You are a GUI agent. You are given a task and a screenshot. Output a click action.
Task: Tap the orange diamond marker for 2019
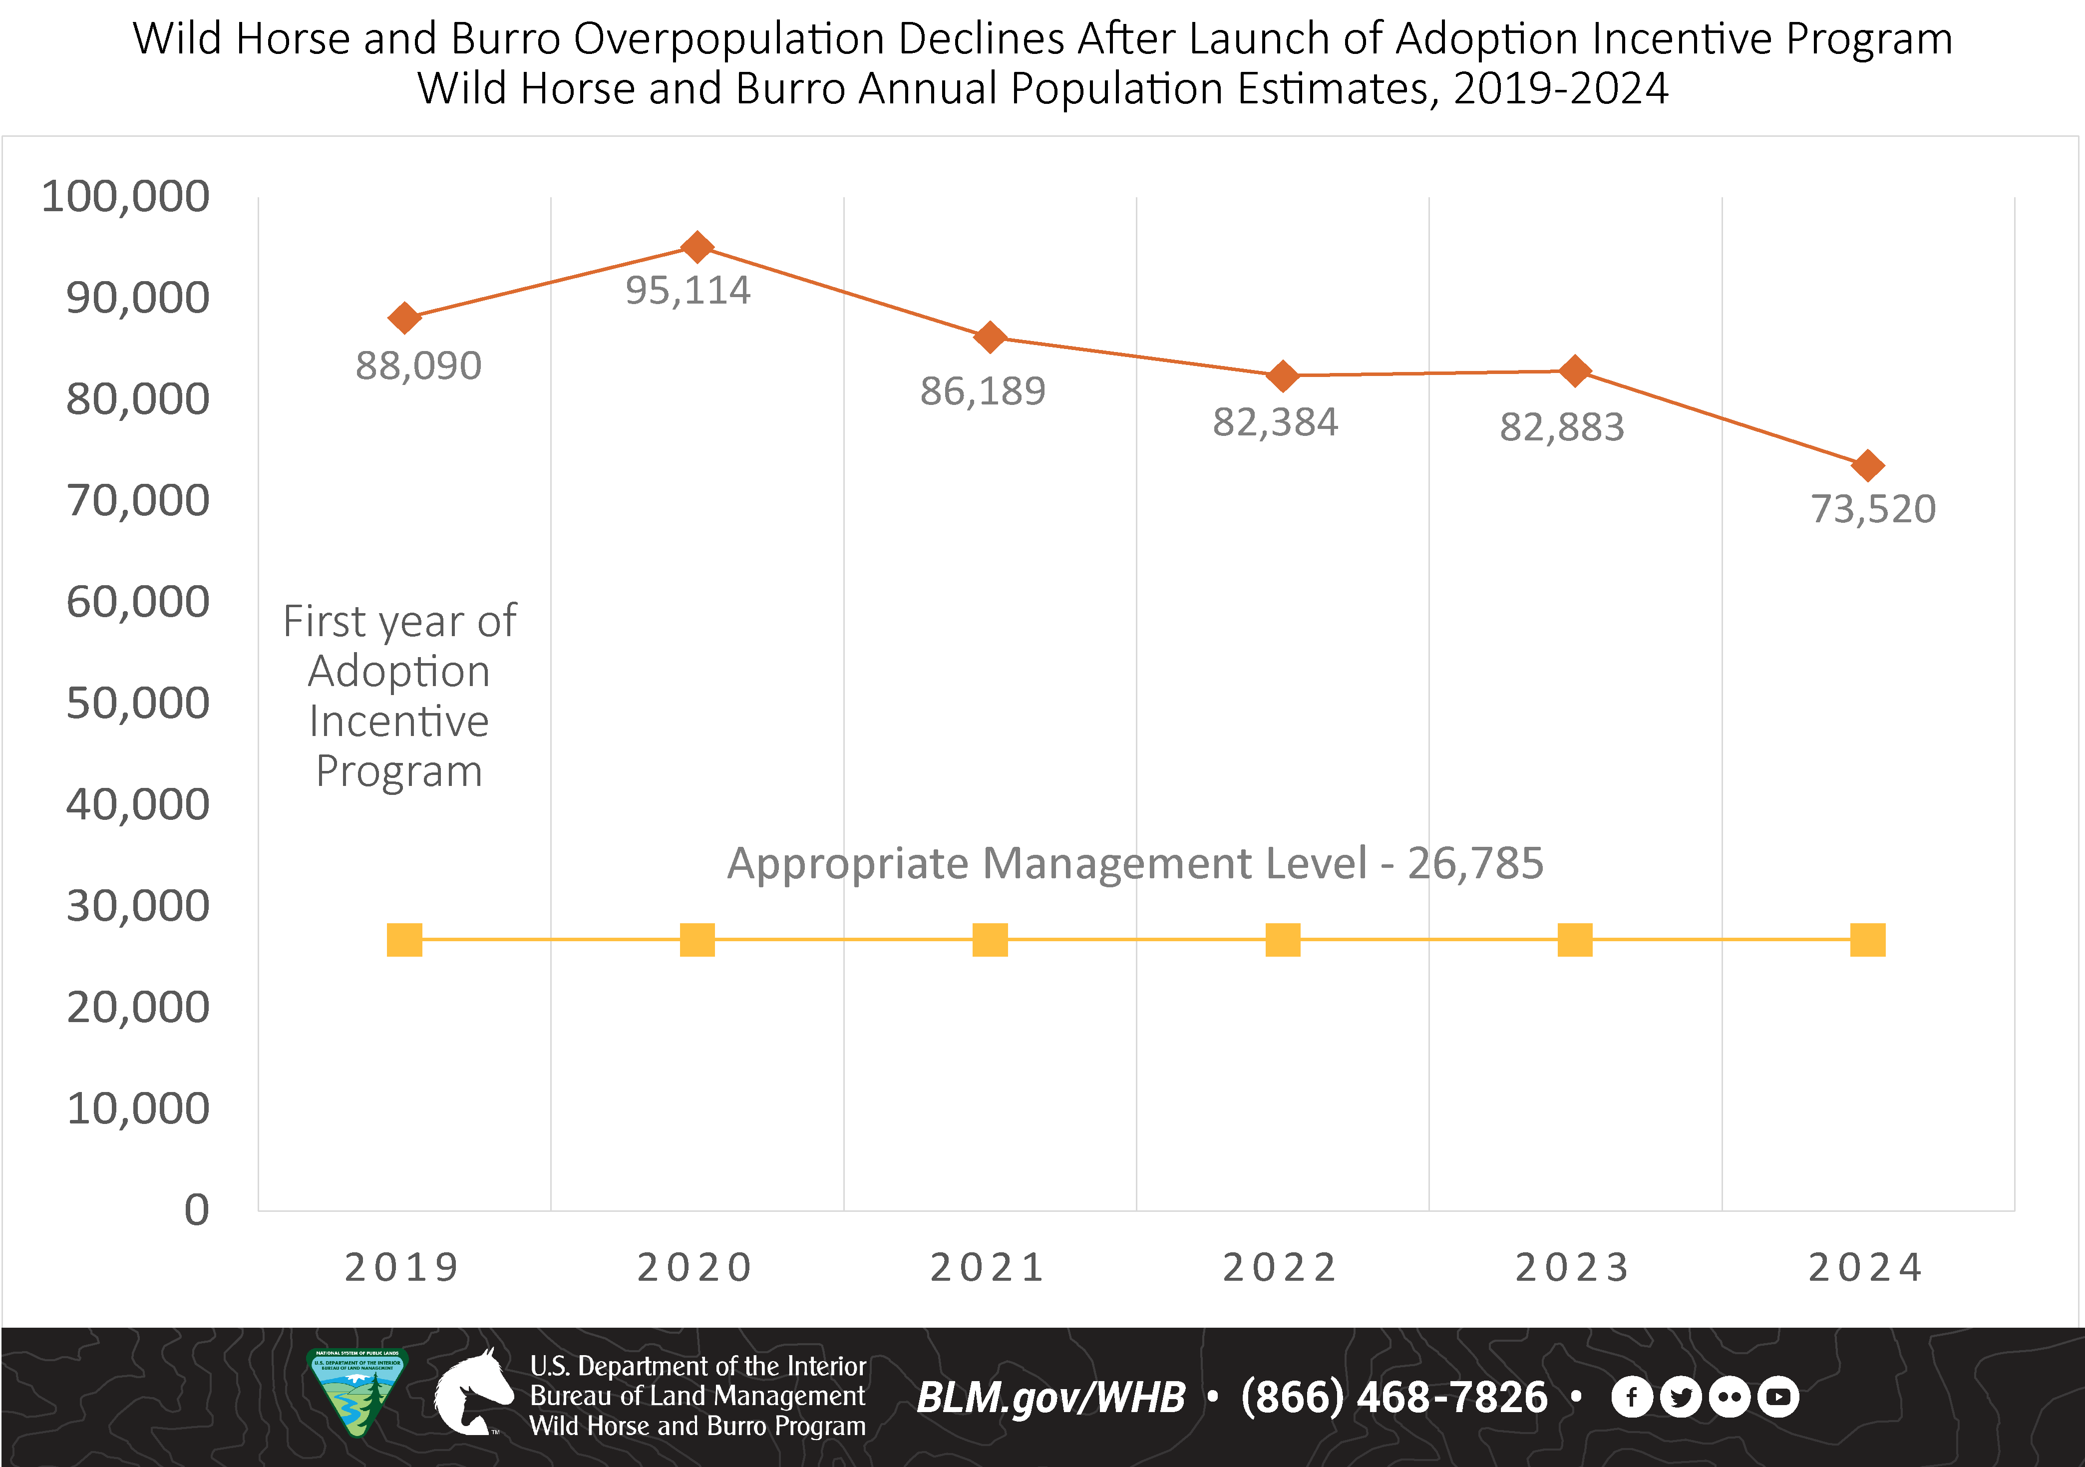[x=404, y=318]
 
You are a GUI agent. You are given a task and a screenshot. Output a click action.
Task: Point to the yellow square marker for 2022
[x=1282, y=939]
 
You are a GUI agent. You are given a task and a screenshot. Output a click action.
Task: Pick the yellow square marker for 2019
[x=404, y=939]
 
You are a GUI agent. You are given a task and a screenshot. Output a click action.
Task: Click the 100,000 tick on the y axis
[x=125, y=196]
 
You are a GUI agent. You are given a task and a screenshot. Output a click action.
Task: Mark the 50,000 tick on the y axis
[x=137, y=703]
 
